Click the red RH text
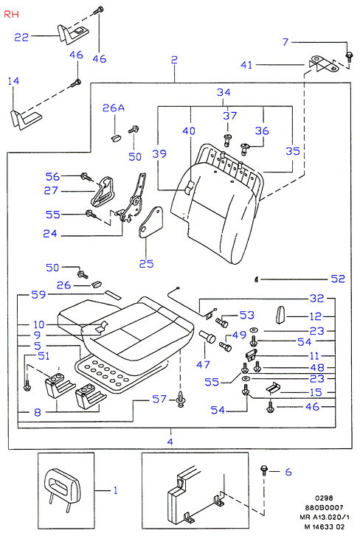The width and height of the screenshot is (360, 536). tap(11, 14)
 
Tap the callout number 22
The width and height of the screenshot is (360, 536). tap(21, 37)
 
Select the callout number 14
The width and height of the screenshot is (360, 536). tap(13, 81)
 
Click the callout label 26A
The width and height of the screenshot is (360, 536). tap(114, 108)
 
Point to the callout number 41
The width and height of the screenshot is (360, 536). tap(246, 65)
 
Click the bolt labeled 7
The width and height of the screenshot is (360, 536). tap(349, 57)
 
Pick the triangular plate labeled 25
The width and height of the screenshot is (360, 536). tap(150, 222)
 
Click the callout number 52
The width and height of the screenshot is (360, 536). tap(338, 279)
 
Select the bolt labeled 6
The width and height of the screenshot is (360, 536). tap(264, 470)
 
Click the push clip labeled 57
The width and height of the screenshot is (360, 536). tap(181, 400)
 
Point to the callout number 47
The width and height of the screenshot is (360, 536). tap(203, 364)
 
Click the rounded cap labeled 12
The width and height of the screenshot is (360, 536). tap(280, 315)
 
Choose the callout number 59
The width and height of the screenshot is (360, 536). tap(38, 295)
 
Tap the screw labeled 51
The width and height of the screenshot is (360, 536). tap(27, 386)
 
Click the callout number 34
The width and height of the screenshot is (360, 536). tap(224, 92)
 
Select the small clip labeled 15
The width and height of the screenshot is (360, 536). tap(273, 387)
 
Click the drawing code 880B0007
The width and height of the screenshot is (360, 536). tap(325, 508)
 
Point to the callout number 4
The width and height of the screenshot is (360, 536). tap(170, 442)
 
